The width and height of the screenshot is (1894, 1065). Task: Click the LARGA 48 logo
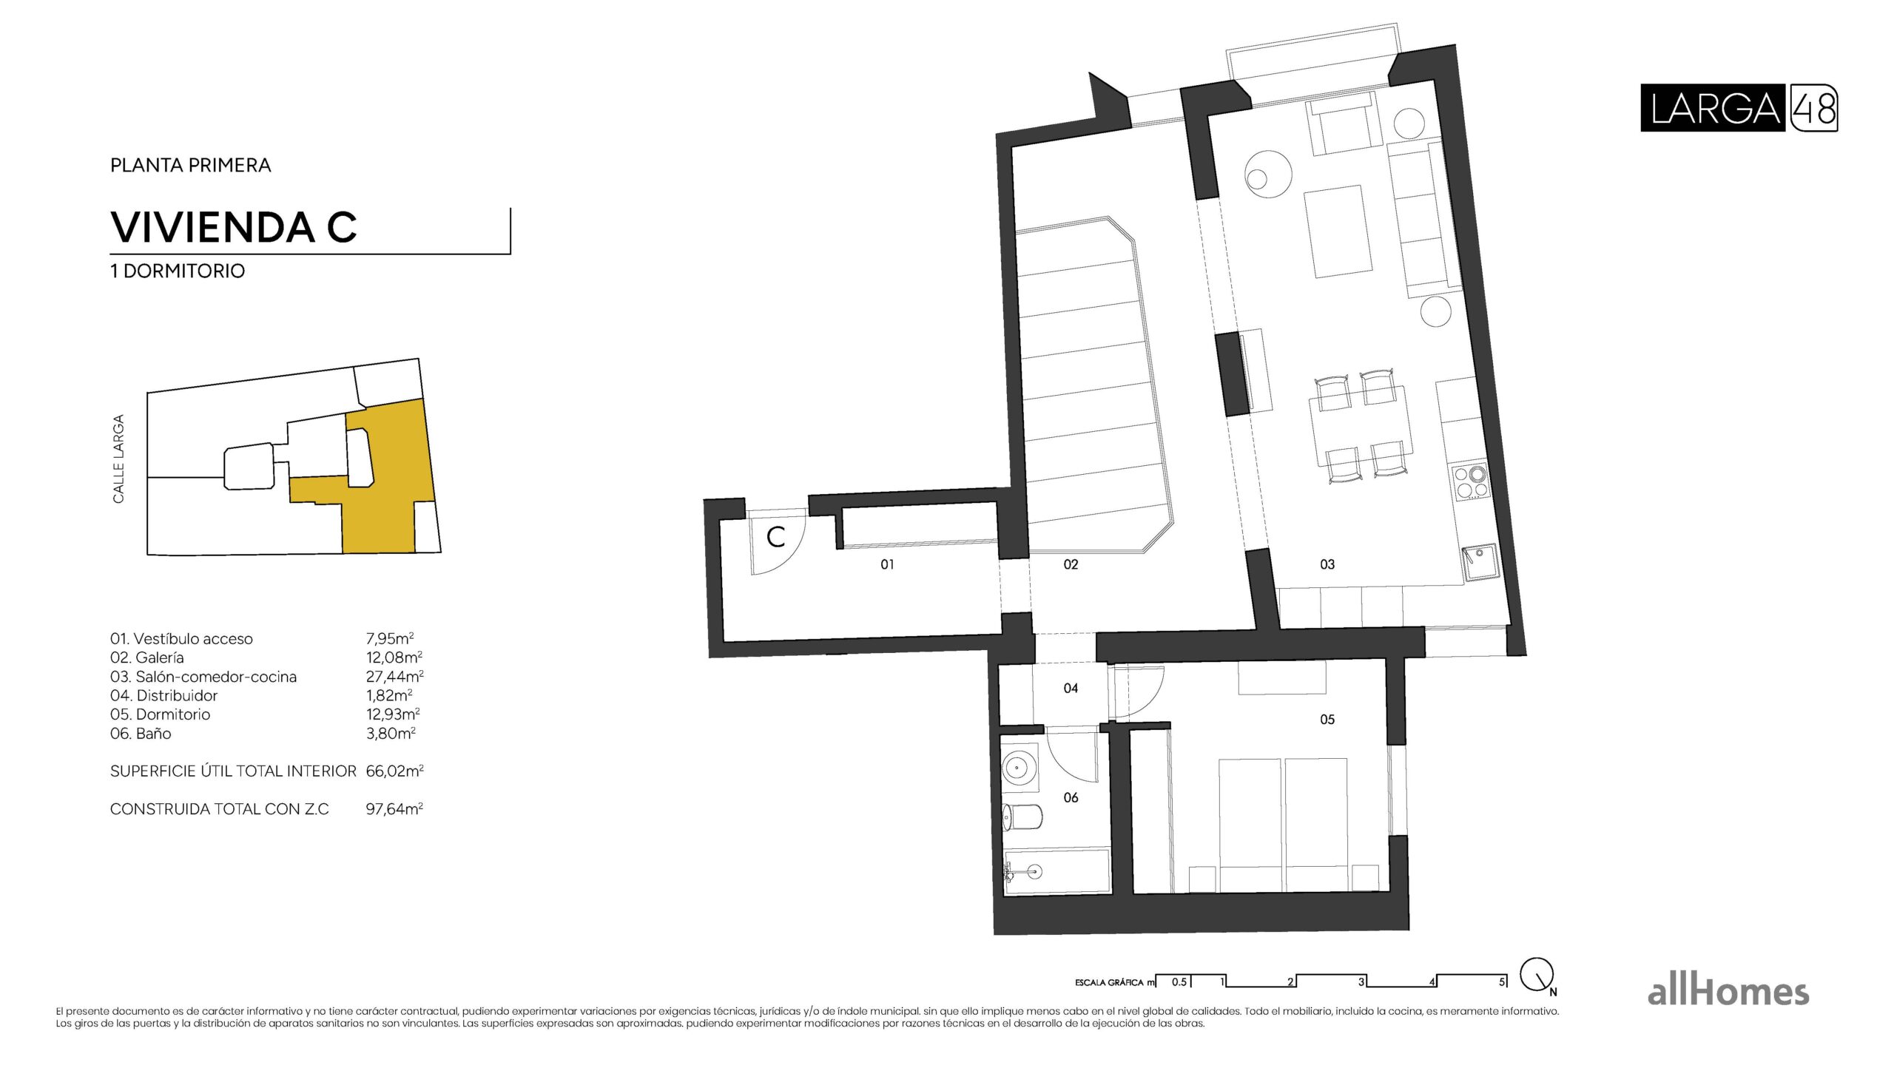click(x=1738, y=108)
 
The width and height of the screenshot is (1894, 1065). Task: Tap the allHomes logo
click(x=1728, y=992)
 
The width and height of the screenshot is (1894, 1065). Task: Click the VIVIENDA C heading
click(x=234, y=227)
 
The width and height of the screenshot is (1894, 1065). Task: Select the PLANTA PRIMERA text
click(x=190, y=165)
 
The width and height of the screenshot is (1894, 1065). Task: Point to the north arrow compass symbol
click(x=1537, y=976)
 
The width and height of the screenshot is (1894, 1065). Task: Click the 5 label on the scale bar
click(x=1501, y=982)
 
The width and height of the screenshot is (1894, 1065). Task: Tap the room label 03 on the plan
click(x=1327, y=564)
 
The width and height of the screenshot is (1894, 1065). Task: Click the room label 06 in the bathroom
click(x=1071, y=797)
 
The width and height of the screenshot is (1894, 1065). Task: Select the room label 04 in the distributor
click(x=1071, y=688)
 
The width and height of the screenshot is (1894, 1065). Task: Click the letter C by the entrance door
click(x=775, y=536)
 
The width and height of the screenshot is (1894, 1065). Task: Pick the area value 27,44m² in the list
click(x=394, y=676)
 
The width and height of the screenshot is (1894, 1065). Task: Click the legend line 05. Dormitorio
click(x=161, y=714)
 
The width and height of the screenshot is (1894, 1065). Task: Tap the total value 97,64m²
click(x=394, y=808)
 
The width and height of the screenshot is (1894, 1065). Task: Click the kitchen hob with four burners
click(x=1470, y=481)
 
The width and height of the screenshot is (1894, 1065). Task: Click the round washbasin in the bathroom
click(x=1019, y=766)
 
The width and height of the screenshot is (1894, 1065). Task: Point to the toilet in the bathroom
click(x=1022, y=816)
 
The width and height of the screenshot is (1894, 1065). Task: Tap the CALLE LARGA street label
click(x=118, y=459)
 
